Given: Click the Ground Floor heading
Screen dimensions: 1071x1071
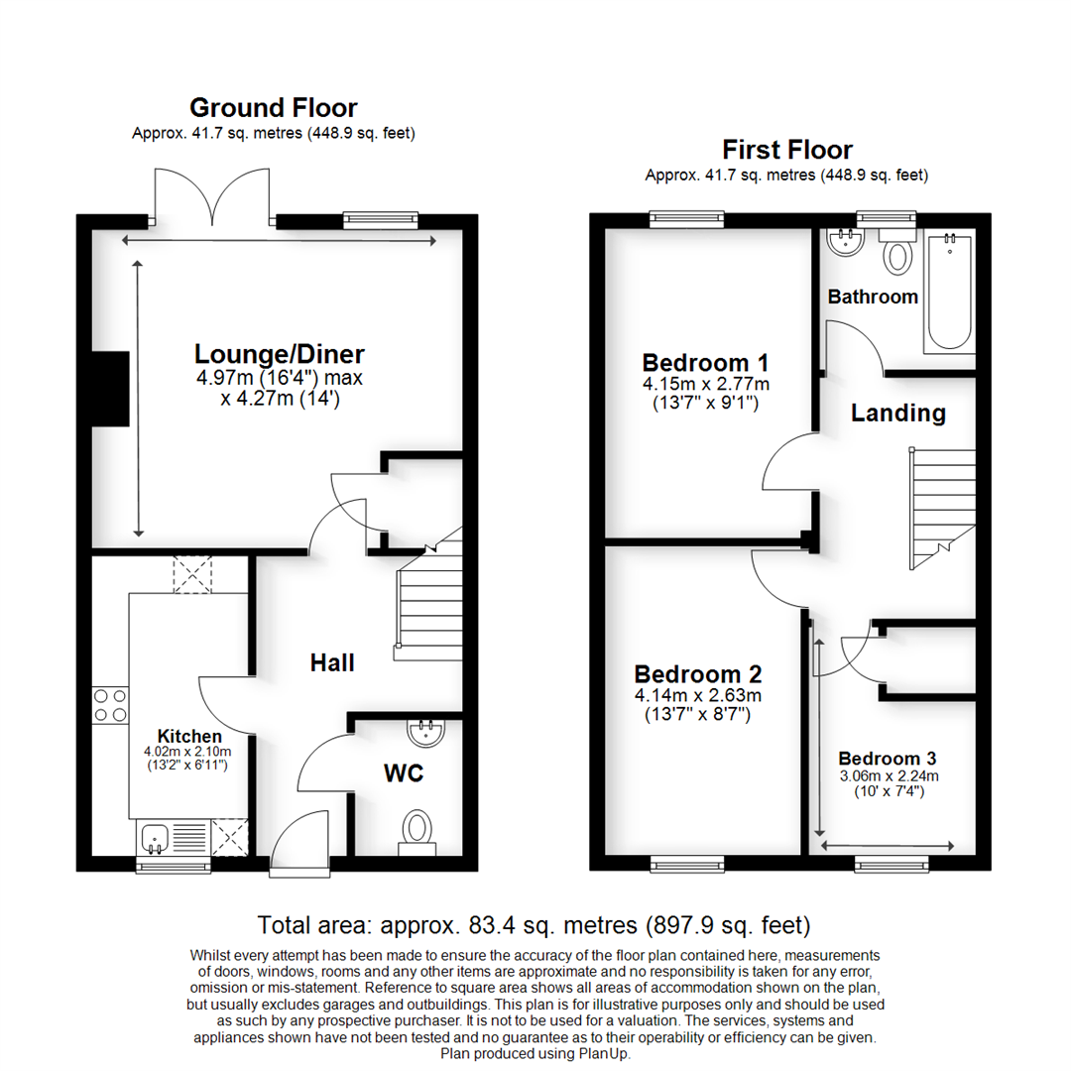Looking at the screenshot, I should tap(273, 107).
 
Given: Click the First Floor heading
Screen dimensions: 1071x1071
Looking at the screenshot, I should tap(786, 150).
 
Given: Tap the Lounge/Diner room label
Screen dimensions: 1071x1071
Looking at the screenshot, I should tap(279, 354).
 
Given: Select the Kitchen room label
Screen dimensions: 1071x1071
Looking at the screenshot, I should tap(189, 737).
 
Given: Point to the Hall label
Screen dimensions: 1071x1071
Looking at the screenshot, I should tap(332, 662).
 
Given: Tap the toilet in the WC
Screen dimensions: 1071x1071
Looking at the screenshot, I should tap(417, 829).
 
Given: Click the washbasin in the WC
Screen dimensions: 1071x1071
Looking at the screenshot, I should tap(427, 734).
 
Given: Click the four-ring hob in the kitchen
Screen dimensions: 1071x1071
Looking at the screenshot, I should tap(109, 705).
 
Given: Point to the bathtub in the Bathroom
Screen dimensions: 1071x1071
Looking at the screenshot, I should tap(949, 292).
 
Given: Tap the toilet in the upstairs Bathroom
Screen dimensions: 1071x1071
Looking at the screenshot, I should tap(899, 254).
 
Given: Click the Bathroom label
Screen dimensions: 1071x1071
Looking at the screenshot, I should tap(873, 297).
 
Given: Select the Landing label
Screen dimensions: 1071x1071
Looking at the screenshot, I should tap(898, 413).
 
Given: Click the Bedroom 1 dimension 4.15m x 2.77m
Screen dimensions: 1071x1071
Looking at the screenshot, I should tap(705, 384).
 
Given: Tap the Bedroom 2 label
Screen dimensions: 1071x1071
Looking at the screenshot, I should tap(698, 674).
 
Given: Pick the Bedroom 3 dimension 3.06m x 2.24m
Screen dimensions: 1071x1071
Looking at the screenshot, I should tap(888, 776).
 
